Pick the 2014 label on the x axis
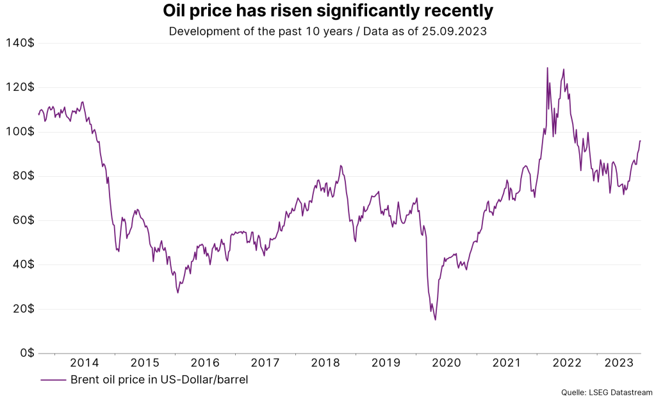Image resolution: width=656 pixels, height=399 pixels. point(85,363)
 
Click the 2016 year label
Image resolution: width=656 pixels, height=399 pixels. point(206,363)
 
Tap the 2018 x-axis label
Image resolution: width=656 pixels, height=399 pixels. point(326,363)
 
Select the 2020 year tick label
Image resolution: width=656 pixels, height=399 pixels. point(447,363)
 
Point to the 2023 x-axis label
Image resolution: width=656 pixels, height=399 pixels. point(619,363)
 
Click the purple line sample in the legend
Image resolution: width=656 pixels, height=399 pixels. point(53,379)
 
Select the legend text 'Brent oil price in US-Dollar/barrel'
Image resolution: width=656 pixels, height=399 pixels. point(159,379)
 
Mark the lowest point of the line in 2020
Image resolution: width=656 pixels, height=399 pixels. point(436,320)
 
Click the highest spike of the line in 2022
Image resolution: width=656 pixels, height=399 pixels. point(547,67)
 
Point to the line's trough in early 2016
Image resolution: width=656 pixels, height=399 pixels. point(177,293)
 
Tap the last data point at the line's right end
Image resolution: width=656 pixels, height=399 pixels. point(640,141)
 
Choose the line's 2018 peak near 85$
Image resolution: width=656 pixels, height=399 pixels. point(341,165)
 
